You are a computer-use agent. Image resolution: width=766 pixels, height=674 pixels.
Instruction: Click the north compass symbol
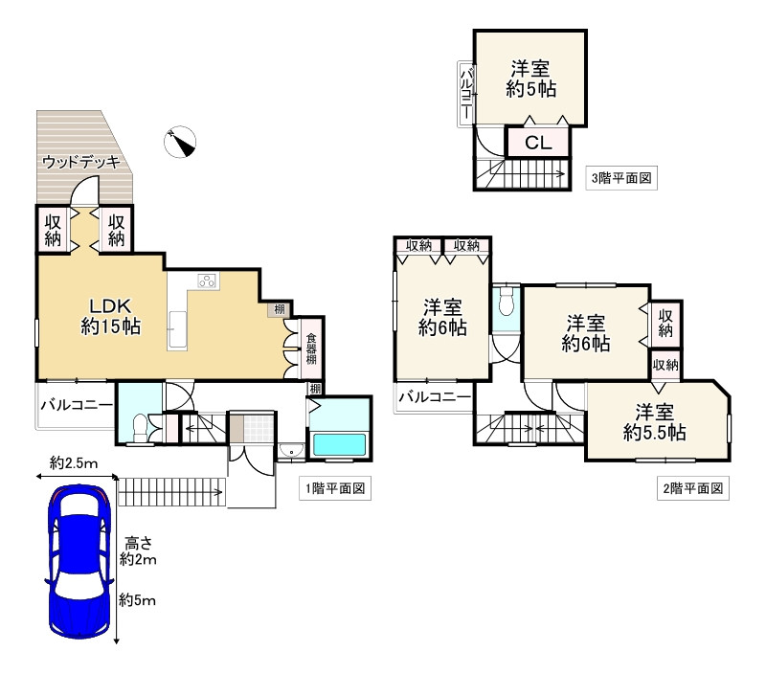pyautogui.click(x=180, y=142)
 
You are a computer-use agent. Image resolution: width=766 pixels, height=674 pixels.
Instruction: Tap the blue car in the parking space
pyautogui.click(x=79, y=562)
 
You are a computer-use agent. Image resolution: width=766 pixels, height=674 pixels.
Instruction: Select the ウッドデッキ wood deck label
pyautogui.click(x=81, y=162)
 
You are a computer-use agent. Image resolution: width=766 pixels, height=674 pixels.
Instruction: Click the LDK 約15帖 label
pyautogui.click(x=111, y=317)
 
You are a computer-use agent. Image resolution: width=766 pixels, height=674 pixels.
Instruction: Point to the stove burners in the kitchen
pyautogui.click(x=207, y=281)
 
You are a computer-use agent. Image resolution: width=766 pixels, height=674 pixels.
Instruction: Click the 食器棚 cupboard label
pyautogui.click(x=311, y=348)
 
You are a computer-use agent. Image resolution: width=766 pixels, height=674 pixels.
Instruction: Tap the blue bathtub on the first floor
pyautogui.click(x=339, y=444)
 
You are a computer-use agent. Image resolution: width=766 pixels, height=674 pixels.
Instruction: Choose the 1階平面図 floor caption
pyautogui.click(x=335, y=488)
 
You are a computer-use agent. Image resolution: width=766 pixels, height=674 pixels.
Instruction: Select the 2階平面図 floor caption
pyautogui.click(x=692, y=488)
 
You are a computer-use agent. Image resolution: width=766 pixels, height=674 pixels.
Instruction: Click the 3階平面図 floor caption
pyautogui.click(x=621, y=178)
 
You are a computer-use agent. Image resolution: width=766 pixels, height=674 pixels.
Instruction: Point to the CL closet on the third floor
pyautogui.click(x=538, y=143)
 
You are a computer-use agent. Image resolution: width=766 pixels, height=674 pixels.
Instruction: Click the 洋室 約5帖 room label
pyautogui.click(x=530, y=79)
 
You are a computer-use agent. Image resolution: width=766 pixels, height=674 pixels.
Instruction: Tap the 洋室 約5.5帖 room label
pyautogui.click(x=654, y=422)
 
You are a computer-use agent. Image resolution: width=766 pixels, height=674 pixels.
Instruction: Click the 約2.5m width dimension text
pyautogui.click(x=74, y=463)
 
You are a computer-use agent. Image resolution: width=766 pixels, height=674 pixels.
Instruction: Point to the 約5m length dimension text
pyautogui.click(x=137, y=599)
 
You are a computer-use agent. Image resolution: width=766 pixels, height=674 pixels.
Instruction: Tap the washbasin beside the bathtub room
pyautogui.click(x=292, y=450)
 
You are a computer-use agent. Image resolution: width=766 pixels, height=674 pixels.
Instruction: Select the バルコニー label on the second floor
pyautogui.click(x=435, y=396)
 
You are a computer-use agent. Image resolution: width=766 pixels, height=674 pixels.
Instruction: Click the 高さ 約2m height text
pyautogui.click(x=138, y=551)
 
